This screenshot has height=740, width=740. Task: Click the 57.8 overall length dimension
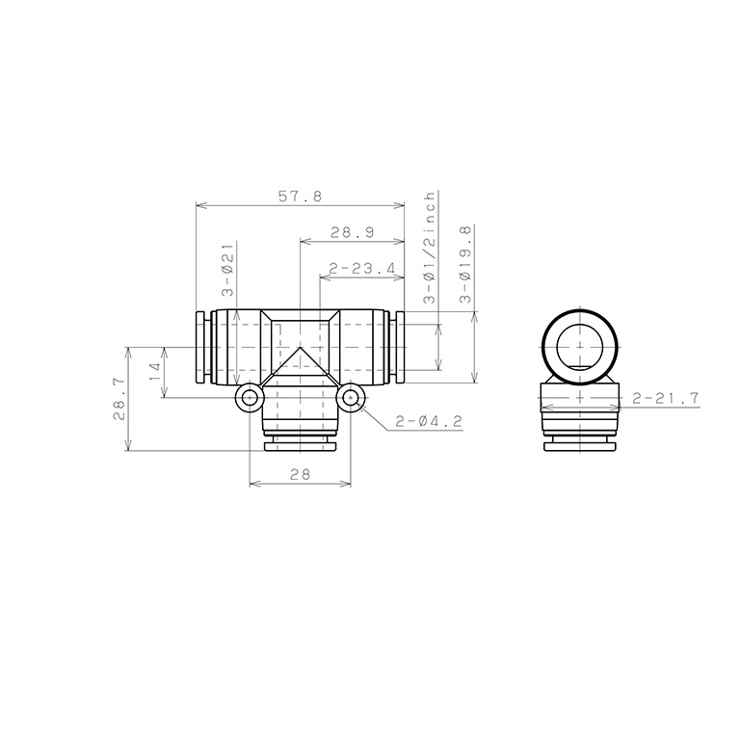(x=300, y=196)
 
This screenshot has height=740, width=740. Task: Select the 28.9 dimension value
(x=352, y=232)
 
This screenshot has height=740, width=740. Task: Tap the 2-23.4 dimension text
(x=362, y=269)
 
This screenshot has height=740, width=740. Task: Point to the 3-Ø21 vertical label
(x=228, y=270)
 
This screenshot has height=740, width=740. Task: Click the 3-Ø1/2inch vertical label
(x=430, y=248)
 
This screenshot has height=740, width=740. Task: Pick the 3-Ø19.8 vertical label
(x=465, y=264)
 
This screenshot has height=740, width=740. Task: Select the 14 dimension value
(x=156, y=372)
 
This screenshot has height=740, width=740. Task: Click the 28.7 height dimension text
(x=119, y=399)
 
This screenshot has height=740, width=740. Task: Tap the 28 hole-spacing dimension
(x=301, y=474)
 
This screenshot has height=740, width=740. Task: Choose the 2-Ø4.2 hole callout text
(x=428, y=421)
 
